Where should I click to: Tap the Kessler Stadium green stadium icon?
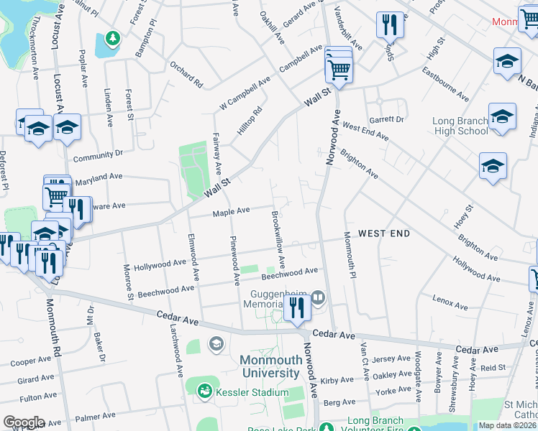point(204,391)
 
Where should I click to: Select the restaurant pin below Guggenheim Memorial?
point(296,309)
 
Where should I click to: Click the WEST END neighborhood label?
point(384,233)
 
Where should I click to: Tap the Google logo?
point(24,422)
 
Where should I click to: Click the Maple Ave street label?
point(231,211)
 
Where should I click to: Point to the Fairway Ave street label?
point(216,152)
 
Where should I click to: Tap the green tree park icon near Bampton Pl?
point(111,37)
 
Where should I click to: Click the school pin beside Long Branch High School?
point(502,117)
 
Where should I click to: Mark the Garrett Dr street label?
point(387,119)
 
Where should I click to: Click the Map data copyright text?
point(508,425)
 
